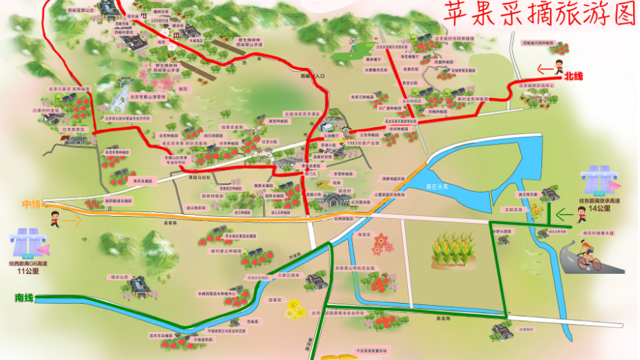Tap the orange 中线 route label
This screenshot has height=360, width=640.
(x=31, y=204)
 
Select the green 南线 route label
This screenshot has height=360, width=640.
(x=24, y=297)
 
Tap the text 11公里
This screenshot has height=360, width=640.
(x=26, y=272)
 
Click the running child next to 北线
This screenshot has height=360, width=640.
(x=558, y=68)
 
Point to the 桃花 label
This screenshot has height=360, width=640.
(x=183, y=89)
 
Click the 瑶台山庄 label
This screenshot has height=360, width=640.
(x=120, y=277)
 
